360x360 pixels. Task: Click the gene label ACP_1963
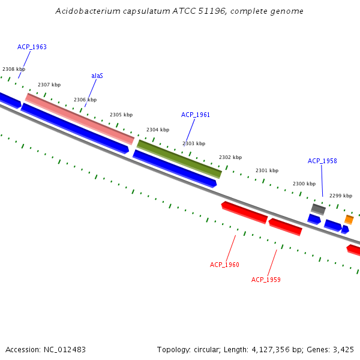[32, 47]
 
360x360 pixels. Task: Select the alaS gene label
[97, 76]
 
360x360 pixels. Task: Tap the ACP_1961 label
[196, 115]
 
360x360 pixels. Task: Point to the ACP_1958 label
[322, 161]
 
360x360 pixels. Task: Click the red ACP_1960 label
[224, 265]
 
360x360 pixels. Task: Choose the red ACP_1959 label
[266, 280]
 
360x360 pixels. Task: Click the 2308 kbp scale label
[14, 70]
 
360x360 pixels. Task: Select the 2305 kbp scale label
[121, 115]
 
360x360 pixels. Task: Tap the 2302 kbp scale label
[230, 157]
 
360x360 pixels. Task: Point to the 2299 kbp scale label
[341, 196]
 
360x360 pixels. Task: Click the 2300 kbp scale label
[304, 184]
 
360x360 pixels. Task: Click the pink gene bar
[79, 119]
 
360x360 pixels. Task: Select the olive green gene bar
[179, 159]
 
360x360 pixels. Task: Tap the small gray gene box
[318, 209]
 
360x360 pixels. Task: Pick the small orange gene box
[349, 220]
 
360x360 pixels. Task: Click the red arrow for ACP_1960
[245, 212]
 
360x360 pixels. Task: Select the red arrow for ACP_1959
[285, 227]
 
